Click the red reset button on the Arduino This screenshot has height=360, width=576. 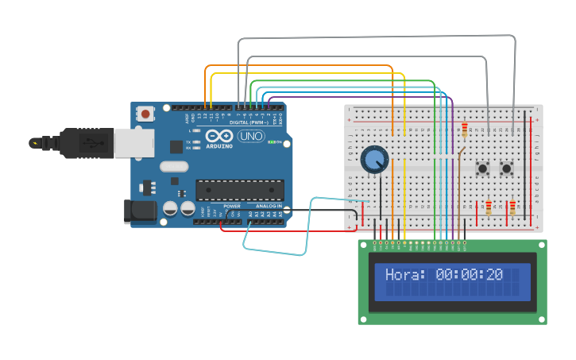(x=145, y=114)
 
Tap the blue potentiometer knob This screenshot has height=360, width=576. (x=373, y=160)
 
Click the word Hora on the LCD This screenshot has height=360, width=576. (x=405, y=275)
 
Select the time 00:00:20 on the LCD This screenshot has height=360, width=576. (x=470, y=275)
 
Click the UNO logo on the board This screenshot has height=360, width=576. (x=252, y=136)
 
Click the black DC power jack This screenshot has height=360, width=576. (x=138, y=211)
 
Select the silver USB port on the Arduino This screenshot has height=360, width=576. (x=133, y=143)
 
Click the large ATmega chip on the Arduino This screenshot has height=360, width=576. (x=239, y=190)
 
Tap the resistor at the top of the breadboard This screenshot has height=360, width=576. (x=465, y=129)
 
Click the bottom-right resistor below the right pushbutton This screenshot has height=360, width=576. (x=512, y=207)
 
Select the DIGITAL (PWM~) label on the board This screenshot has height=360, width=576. (x=248, y=122)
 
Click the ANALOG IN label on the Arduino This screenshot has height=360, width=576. (x=269, y=206)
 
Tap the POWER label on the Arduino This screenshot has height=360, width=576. (x=232, y=206)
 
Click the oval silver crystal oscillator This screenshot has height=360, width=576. (x=174, y=167)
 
